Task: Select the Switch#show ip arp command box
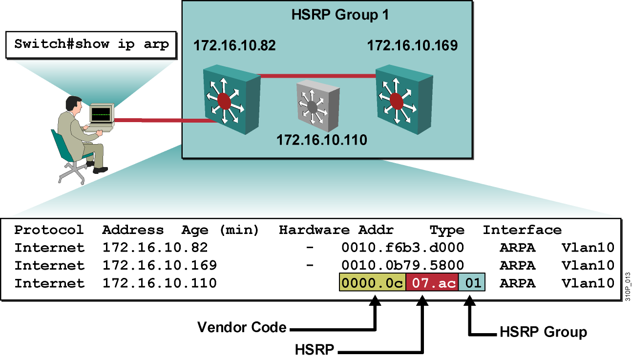click(x=91, y=44)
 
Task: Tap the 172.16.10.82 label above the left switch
click(x=234, y=46)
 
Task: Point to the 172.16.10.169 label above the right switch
click(x=412, y=46)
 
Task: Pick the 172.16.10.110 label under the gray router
click(x=321, y=141)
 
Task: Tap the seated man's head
click(x=73, y=104)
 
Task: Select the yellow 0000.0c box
click(x=372, y=283)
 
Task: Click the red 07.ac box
click(x=432, y=283)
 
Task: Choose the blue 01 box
click(x=472, y=283)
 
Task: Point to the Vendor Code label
click(x=242, y=327)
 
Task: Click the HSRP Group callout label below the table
click(x=543, y=333)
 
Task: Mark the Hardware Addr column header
click(x=336, y=230)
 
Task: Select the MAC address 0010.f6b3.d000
click(x=402, y=248)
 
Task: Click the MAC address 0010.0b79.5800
click(x=402, y=265)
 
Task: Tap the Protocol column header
click(x=49, y=230)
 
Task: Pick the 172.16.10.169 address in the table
click(x=159, y=265)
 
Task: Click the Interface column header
click(x=522, y=230)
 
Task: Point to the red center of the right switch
click(x=397, y=102)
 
